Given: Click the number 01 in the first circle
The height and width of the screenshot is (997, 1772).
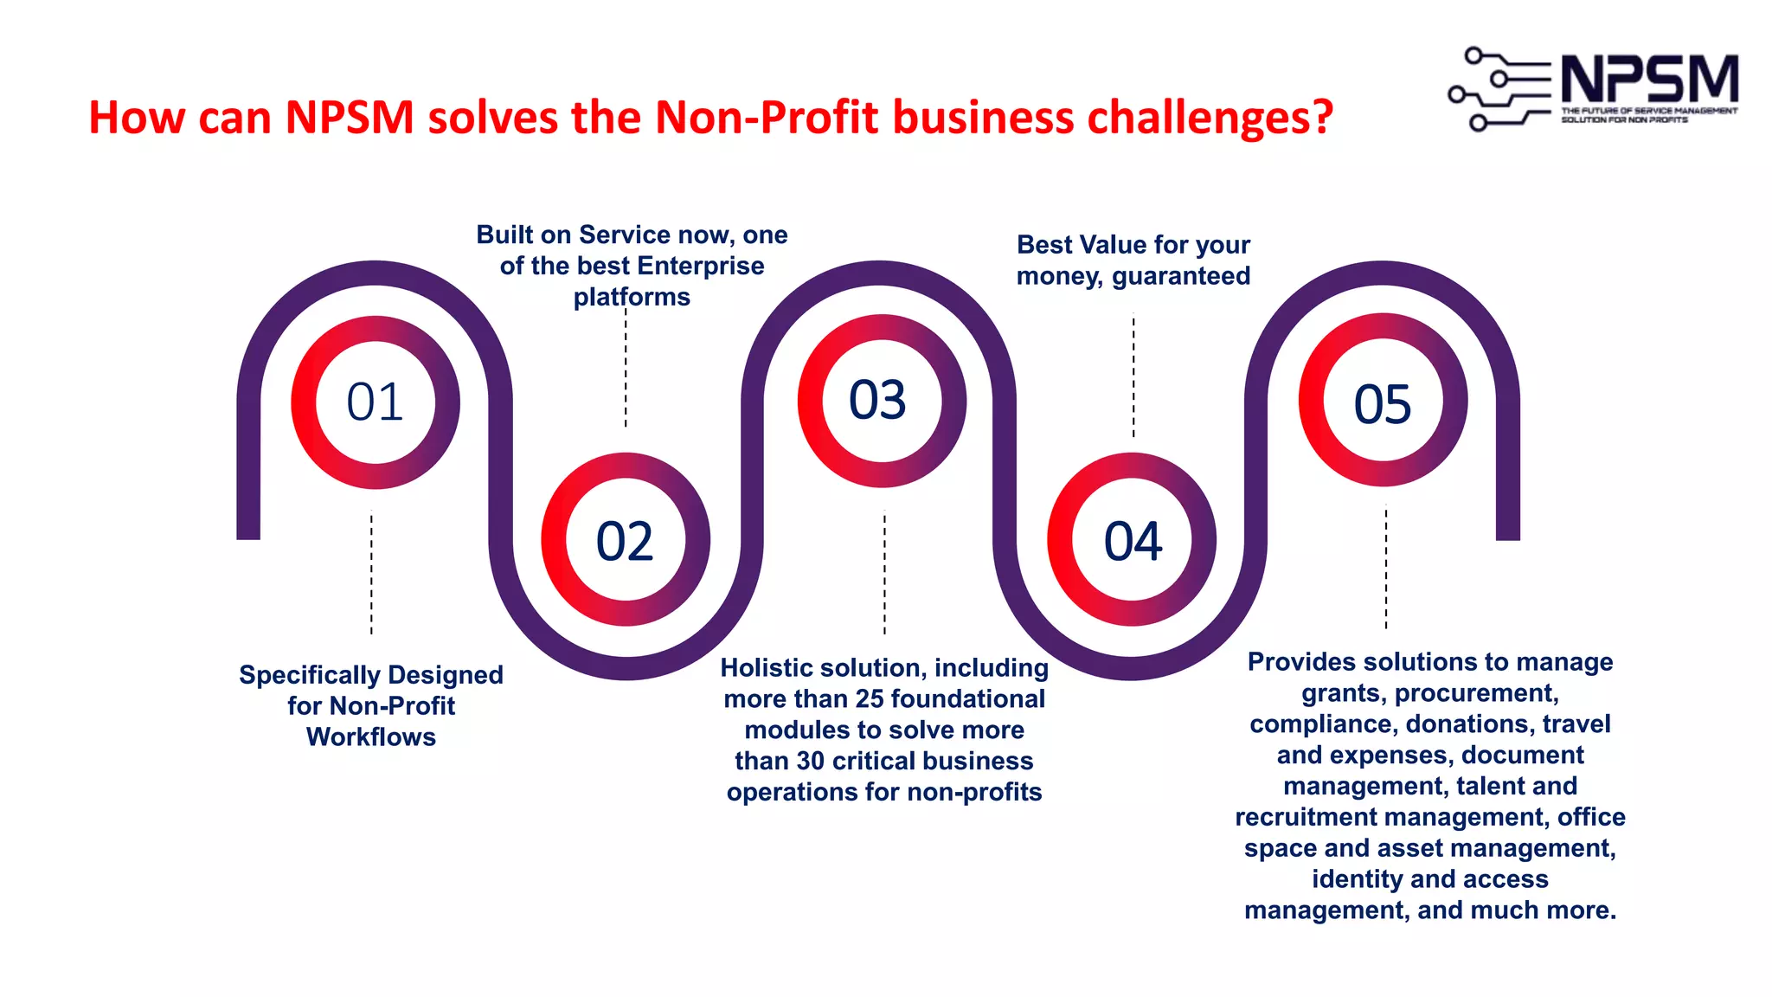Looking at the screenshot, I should tap(375, 402).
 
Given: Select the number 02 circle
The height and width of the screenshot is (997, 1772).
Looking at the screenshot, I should tap(625, 541).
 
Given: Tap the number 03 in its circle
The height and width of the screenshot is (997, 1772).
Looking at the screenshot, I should tap(878, 400).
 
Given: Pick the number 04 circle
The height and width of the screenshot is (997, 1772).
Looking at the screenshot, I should tap(1133, 541).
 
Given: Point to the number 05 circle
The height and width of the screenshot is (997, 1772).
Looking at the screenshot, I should tap(1383, 403).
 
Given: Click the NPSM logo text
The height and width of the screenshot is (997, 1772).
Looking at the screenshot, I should tap(1649, 80).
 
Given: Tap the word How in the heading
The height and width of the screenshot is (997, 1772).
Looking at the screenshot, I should tap(137, 118).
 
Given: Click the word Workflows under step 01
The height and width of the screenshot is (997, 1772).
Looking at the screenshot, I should tap(371, 737).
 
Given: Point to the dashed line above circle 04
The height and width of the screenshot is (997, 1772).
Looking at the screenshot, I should tap(1133, 376).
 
